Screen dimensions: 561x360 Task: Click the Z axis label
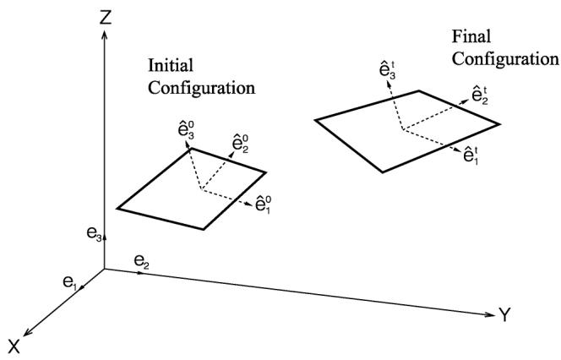[x=106, y=16]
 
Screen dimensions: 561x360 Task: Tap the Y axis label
[x=505, y=314]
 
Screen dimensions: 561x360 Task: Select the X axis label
[x=14, y=346]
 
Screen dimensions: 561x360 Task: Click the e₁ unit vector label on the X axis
[x=70, y=282]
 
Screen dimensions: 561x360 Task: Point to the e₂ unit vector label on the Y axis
[x=142, y=261]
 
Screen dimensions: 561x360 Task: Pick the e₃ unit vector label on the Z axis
[x=95, y=234]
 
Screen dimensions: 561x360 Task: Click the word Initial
[x=171, y=65]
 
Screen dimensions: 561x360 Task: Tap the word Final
[x=471, y=36]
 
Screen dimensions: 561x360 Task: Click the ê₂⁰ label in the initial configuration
[x=241, y=143]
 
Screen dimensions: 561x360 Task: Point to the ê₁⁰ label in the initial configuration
[x=264, y=205]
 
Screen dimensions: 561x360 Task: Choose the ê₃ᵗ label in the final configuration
[x=388, y=70]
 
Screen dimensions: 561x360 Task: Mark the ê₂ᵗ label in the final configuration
[x=480, y=95]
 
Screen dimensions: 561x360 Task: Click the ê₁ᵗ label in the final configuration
[x=471, y=155]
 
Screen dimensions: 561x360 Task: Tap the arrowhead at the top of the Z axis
[x=105, y=35]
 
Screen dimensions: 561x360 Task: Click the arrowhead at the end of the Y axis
[x=490, y=314]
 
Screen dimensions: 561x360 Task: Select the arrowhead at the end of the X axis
[x=26, y=333]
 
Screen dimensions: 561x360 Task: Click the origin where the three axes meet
[x=104, y=269]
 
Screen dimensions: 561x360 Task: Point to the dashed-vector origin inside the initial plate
[x=202, y=189]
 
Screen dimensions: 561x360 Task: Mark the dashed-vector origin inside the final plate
[x=403, y=128]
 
